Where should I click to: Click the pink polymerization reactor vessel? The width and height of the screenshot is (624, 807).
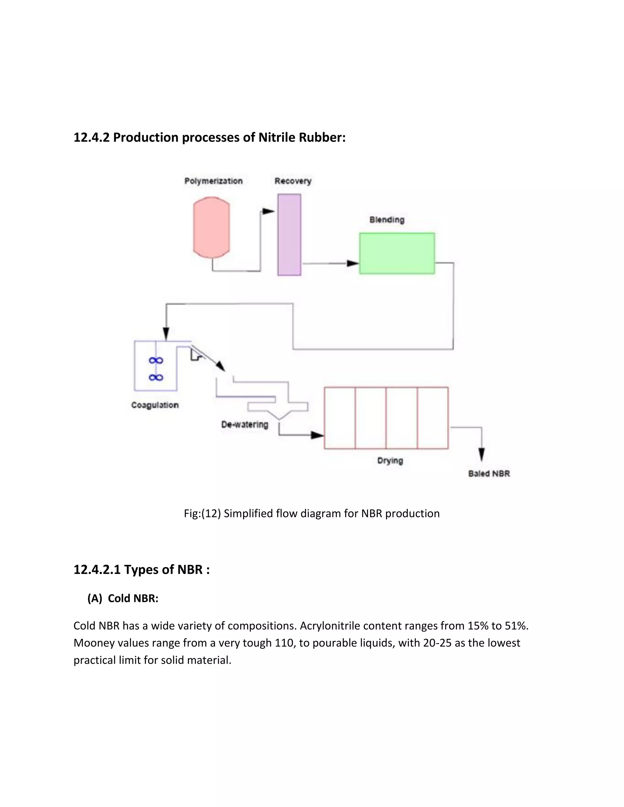(x=211, y=227)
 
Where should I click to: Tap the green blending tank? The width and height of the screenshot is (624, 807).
(x=397, y=253)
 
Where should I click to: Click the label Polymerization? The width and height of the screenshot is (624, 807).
(x=213, y=181)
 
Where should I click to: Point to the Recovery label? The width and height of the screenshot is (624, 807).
(x=293, y=181)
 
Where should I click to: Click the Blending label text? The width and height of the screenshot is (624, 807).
(x=387, y=220)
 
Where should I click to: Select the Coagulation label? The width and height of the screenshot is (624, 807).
(x=155, y=405)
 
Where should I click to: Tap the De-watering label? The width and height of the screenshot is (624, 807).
(x=244, y=425)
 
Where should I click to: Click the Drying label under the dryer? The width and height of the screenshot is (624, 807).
(x=390, y=461)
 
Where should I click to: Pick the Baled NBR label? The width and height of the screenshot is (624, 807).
(x=489, y=474)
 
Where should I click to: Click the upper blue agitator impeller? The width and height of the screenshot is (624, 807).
(x=156, y=360)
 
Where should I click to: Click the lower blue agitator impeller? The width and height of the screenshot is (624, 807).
(x=156, y=377)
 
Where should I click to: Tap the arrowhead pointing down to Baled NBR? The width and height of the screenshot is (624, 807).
(x=481, y=454)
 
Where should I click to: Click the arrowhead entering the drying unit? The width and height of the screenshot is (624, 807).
(x=317, y=435)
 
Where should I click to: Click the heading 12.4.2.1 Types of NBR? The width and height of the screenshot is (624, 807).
(x=142, y=569)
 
